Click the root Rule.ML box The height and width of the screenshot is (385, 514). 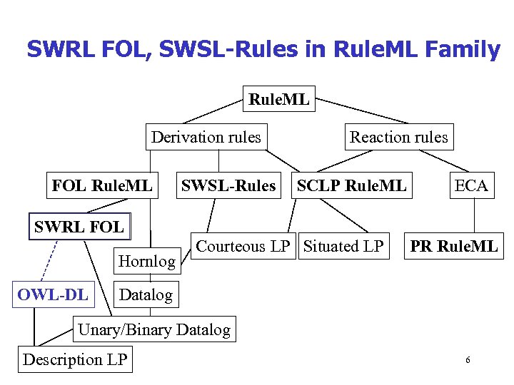[279, 100]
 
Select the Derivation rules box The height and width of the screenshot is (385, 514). [206, 137]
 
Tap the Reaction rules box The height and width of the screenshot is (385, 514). [398, 137]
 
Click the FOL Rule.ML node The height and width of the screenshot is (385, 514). [102, 186]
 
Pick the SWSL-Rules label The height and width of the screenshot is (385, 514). [228, 186]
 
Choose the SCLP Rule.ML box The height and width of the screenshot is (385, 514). [351, 186]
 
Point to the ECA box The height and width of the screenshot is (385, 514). [471, 186]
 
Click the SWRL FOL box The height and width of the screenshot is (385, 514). [79, 227]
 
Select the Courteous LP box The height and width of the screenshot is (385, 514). [243, 247]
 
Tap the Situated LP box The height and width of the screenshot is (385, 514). [343, 247]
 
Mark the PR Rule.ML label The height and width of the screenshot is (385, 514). [453, 247]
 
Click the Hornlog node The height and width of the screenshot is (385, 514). [146, 261]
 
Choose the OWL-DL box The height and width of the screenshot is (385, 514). [54, 294]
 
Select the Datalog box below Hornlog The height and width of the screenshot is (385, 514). [146, 294]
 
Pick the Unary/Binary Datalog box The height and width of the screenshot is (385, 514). [154, 329]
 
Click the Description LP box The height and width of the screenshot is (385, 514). [75, 359]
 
